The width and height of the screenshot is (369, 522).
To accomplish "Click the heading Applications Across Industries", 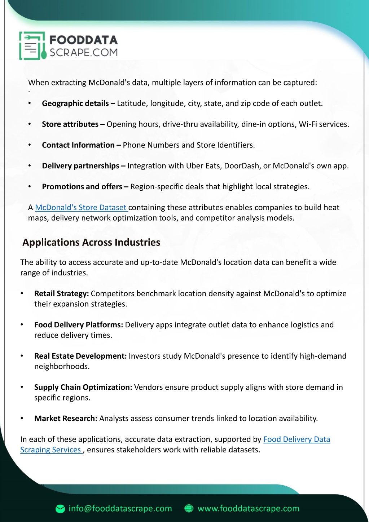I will [91, 242].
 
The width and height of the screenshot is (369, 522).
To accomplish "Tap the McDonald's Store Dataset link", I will [81, 208].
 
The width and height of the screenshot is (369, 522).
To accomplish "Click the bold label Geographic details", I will [75, 103].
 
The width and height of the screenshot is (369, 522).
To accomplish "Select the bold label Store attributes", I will [70, 124].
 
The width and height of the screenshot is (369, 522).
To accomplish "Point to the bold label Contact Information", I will [78, 145].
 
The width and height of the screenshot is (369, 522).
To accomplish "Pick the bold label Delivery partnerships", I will [81, 166].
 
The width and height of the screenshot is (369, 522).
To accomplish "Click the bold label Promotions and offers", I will [82, 187].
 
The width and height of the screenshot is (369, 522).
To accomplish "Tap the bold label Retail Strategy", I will [61, 294].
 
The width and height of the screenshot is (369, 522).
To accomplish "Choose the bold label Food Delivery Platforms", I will [79, 325].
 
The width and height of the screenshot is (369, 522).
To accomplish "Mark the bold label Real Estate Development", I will [80, 356].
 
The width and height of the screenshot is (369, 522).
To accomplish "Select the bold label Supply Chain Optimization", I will [83, 387].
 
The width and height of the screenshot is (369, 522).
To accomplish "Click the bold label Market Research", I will [66, 419].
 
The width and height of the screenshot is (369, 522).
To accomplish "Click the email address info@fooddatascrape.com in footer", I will [120, 509].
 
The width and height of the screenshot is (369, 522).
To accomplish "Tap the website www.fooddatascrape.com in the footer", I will [249, 509].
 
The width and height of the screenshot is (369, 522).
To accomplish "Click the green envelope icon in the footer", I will [60, 509].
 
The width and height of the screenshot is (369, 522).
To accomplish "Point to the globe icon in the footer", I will [189, 509].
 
